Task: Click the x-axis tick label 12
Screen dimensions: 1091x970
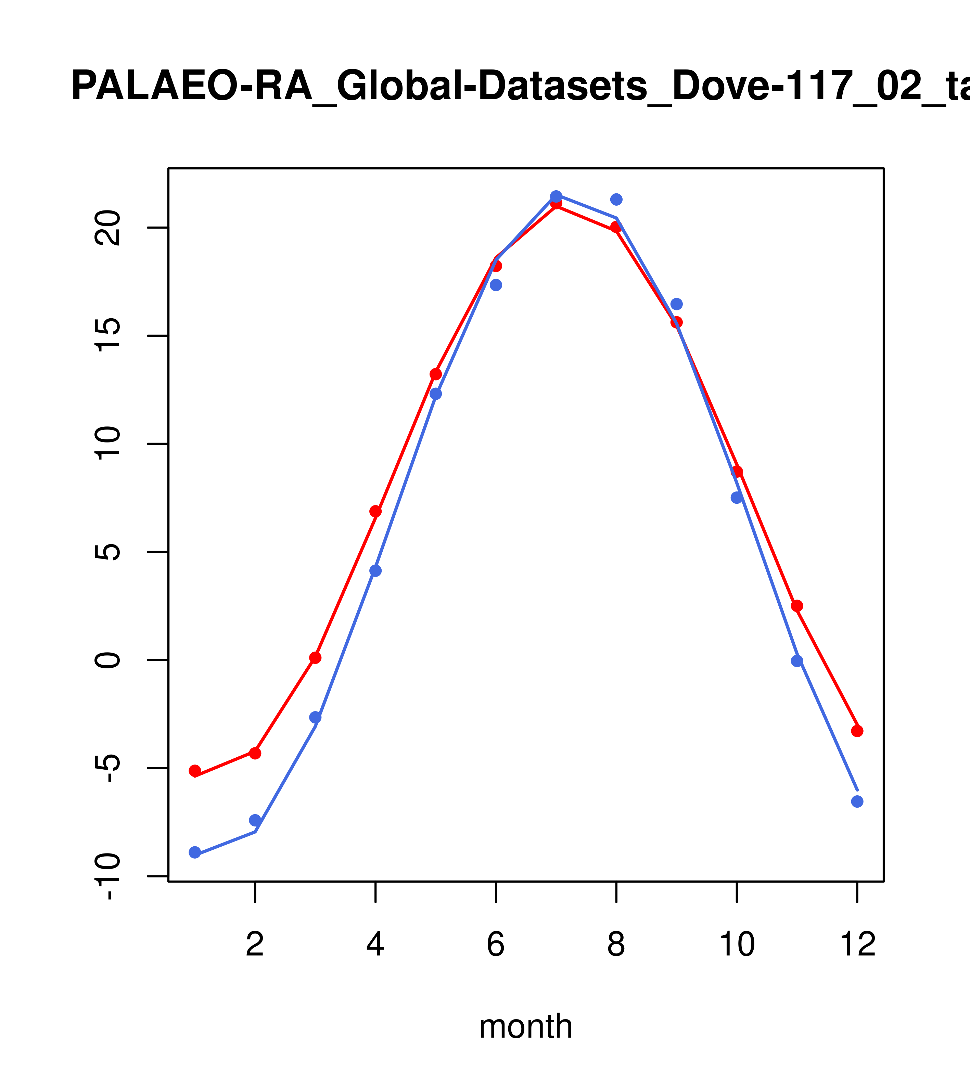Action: coord(857,945)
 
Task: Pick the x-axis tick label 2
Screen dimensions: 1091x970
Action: coord(255,945)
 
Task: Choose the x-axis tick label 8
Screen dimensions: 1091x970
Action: coord(616,945)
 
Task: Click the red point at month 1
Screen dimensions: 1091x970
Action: coord(195,771)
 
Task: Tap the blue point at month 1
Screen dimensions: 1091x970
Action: coord(195,852)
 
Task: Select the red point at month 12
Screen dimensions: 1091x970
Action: coord(857,731)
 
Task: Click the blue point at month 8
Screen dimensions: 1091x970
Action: coord(616,199)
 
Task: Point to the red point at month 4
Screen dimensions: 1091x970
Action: coord(376,511)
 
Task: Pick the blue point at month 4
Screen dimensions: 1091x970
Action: coord(376,570)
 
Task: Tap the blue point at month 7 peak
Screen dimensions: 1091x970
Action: coord(556,196)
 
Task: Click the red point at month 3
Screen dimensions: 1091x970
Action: coord(316,658)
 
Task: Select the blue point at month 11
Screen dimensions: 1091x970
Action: coord(797,661)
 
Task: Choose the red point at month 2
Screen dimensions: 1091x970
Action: coord(255,753)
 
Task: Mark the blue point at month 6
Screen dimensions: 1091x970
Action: coord(496,285)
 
